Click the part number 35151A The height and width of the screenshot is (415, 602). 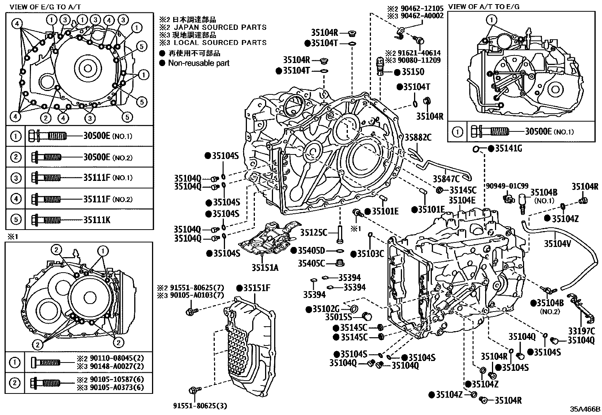pyautogui.click(x=265, y=268)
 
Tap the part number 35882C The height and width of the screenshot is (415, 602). pyautogui.click(x=418, y=137)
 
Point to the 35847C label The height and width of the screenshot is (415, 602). pyautogui.click(x=446, y=179)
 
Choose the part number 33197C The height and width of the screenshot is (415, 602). pyautogui.click(x=581, y=331)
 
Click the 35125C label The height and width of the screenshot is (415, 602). pyautogui.click(x=313, y=232)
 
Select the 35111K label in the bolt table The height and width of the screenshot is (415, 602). pyautogui.click(x=96, y=219)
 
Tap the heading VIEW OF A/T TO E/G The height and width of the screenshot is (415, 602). pyautogui.click(x=484, y=6)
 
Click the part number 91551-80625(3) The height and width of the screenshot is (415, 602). pyautogui.click(x=195, y=406)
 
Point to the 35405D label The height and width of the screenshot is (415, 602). pyautogui.click(x=312, y=250)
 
